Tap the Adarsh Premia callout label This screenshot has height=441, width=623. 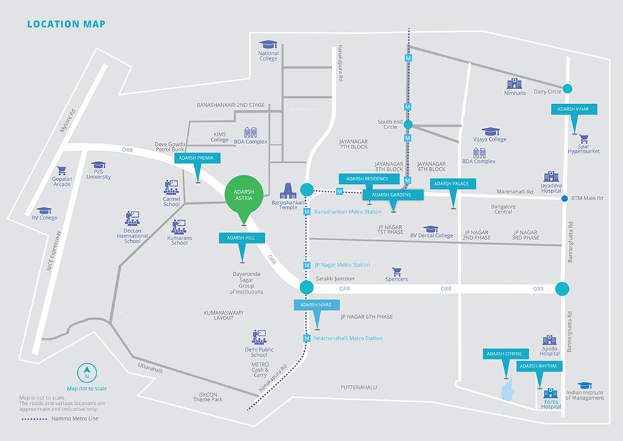point(196,158)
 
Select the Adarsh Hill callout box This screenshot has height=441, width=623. point(242,238)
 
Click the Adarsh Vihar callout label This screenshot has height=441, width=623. point(574,109)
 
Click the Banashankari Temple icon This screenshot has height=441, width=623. point(288,191)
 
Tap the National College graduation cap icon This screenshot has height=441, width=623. point(269,45)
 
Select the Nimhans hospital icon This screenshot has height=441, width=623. point(514,84)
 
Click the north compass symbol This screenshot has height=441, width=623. point(87,374)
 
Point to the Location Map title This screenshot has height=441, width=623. point(66,24)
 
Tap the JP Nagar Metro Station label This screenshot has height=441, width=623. point(342,265)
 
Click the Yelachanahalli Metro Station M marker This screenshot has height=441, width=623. point(307,338)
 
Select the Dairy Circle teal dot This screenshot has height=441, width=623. point(567,89)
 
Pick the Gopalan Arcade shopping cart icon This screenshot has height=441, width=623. point(62,170)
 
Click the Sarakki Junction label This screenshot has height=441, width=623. point(335,278)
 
